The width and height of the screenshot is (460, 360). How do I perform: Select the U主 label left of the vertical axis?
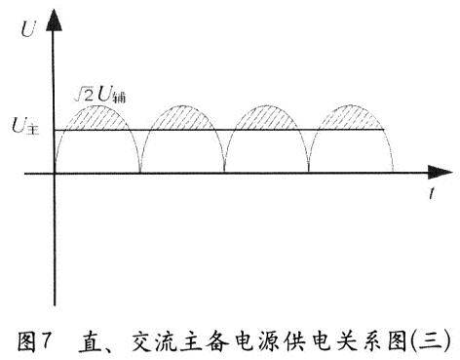[x=23, y=125]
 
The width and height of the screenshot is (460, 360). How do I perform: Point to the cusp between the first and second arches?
[x=140, y=173]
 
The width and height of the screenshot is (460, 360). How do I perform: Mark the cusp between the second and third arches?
[x=225, y=173]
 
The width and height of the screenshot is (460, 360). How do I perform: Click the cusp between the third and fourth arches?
[x=309, y=173]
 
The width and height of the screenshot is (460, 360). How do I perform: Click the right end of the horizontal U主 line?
[x=386, y=130]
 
